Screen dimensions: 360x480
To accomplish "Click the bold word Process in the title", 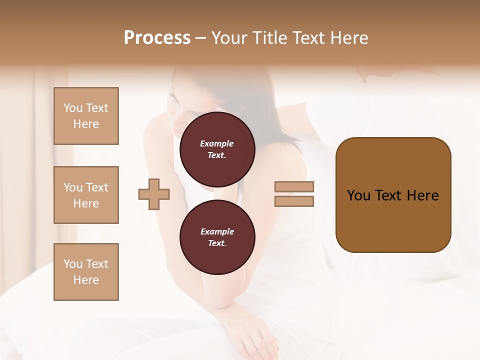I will (x=157, y=38).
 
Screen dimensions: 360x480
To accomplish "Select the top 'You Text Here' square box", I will (x=86, y=116).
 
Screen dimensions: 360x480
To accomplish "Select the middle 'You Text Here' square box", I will (x=86, y=195).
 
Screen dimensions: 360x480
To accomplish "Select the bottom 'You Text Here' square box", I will (x=86, y=272).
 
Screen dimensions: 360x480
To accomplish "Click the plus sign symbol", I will (x=154, y=194).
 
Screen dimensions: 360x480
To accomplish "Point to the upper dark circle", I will (x=217, y=149).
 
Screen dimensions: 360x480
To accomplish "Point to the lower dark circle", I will (x=217, y=237).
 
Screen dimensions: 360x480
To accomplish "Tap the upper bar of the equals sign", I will (x=294, y=187).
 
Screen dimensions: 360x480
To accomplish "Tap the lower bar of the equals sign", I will (x=294, y=201).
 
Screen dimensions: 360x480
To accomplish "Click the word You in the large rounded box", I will (x=359, y=195).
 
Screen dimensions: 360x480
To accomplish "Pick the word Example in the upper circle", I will (x=217, y=143).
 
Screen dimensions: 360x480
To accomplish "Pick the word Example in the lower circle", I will (x=217, y=231).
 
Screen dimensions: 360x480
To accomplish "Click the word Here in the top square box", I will (x=86, y=124).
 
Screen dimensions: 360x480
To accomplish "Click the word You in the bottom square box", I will (x=73, y=264).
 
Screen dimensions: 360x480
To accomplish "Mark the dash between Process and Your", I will (x=200, y=38).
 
